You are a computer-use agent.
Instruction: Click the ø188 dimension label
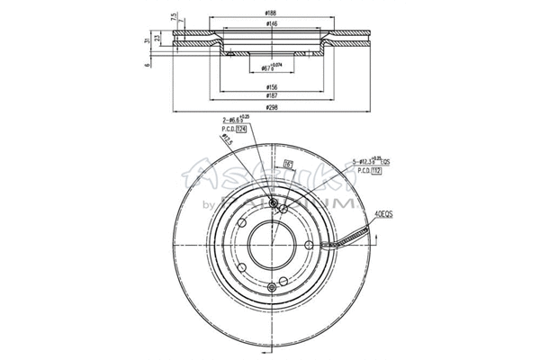pyautogui.click(x=270, y=12)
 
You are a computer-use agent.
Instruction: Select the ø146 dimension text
pyautogui.click(x=270, y=26)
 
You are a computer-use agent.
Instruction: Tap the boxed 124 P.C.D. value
pyautogui.click(x=240, y=130)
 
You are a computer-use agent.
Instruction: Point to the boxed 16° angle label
pyautogui.click(x=291, y=164)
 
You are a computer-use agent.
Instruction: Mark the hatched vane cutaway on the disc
pyautogui.click(x=346, y=239)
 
